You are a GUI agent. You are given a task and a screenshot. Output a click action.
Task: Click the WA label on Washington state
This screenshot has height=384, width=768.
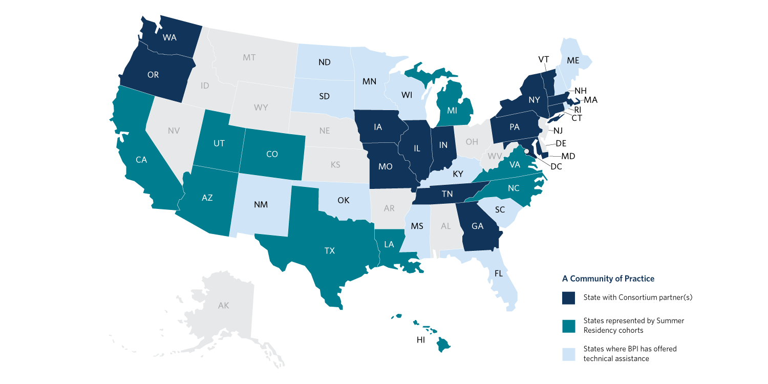(x=169, y=37)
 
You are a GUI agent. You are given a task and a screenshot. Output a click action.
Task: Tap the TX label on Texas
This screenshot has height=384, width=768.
(x=329, y=250)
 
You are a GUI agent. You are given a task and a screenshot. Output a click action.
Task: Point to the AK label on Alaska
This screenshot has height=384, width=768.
(x=224, y=306)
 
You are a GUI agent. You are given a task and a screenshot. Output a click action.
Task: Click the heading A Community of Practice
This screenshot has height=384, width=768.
(x=608, y=279)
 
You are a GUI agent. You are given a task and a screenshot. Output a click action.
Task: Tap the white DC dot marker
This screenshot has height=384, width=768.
(x=527, y=144)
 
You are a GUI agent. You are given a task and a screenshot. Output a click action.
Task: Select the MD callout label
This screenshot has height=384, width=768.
(x=568, y=156)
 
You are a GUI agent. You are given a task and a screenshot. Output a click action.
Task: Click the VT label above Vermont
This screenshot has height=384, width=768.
(x=544, y=59)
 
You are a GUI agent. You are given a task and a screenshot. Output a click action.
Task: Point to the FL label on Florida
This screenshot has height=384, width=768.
(x=498, y=273)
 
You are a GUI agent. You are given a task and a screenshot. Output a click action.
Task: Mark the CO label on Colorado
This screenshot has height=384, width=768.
(x=272, y=154)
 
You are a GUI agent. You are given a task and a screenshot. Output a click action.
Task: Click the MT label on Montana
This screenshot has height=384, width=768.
(x=249, y=57)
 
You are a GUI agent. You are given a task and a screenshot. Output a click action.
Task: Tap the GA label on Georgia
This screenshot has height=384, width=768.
(x=477, y=226)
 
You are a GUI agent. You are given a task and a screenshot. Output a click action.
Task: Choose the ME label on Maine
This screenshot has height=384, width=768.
(x=573, y=60)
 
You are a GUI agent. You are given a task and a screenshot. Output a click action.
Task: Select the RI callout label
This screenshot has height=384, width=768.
(x=577, y=109)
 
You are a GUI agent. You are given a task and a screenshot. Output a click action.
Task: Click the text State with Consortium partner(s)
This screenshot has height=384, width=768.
(x=637, y=298)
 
